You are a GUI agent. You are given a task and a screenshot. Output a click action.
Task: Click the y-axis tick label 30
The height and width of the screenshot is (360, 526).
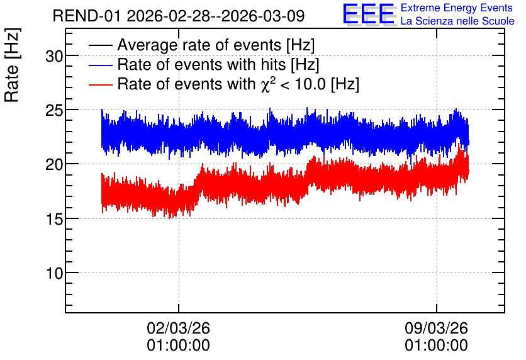(54, 57)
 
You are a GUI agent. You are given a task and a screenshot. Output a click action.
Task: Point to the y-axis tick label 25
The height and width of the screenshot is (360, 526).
(54, 111)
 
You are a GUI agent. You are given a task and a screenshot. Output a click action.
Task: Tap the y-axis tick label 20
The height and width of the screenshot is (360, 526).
(54, 165)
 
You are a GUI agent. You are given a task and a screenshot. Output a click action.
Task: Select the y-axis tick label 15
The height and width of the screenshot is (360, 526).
(54, 219)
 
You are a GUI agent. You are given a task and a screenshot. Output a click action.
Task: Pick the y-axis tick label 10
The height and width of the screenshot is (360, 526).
(54, 273)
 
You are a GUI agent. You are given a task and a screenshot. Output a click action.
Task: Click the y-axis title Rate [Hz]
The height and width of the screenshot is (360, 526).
(12, 65)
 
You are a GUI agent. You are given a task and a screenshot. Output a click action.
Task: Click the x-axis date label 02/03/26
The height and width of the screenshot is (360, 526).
(178, 328)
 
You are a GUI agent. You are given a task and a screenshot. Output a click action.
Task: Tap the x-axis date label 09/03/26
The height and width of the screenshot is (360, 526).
(436, 328)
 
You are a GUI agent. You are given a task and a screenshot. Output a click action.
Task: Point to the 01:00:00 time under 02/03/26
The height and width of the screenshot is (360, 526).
(178, 346)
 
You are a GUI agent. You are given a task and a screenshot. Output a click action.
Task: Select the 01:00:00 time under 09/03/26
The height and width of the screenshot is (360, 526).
(436, 346)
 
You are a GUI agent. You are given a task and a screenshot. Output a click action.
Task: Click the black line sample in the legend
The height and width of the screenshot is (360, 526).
(100, 45)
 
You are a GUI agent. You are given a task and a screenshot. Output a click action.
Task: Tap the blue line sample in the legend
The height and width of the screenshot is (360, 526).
(100, 65)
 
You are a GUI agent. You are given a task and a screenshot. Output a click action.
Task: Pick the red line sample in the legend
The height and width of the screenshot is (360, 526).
(100, 84)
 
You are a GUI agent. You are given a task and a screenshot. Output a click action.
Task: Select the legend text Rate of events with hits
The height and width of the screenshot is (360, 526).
(201, 65)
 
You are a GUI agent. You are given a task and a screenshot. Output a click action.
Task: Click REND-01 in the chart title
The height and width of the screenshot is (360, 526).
(86, 16)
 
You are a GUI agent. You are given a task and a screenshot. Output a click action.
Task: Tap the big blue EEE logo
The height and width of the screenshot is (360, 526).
(368, 14)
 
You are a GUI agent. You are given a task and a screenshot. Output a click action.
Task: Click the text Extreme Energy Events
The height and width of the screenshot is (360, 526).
(457, 8)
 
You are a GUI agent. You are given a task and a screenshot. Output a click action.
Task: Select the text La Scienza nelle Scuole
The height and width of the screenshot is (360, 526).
(457, 21)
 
